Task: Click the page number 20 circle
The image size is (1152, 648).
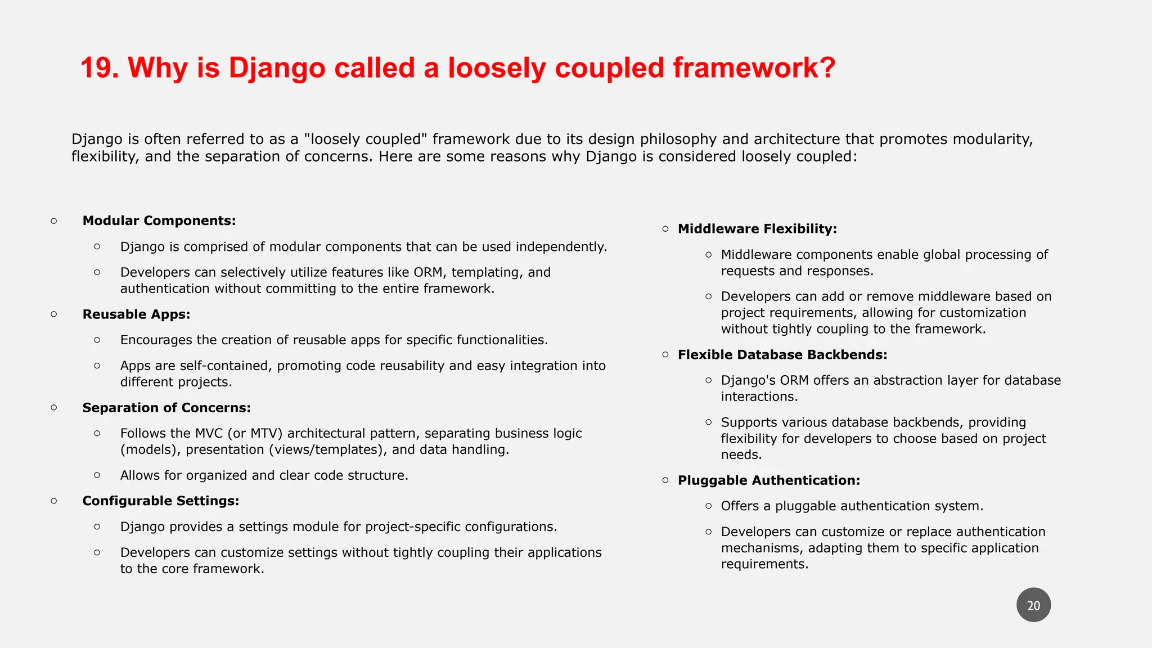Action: coord(1033,605)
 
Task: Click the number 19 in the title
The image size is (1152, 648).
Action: coord(99,68)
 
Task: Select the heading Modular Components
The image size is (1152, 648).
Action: coord(159,220)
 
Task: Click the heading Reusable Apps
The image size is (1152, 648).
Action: coord(136,314)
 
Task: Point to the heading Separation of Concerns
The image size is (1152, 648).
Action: coord(166,408)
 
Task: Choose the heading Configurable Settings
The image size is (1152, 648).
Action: coord(161,501)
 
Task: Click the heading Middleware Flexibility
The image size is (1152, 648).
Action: coord(757,229)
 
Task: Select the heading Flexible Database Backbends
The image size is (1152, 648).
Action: coord(782,355)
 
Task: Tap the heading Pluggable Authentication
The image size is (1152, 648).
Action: coord(768,480)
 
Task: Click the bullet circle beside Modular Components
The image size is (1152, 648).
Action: coord(54,221)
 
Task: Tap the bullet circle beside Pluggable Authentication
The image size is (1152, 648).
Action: coord(665,480)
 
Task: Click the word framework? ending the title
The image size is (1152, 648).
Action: coord(754,68)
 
